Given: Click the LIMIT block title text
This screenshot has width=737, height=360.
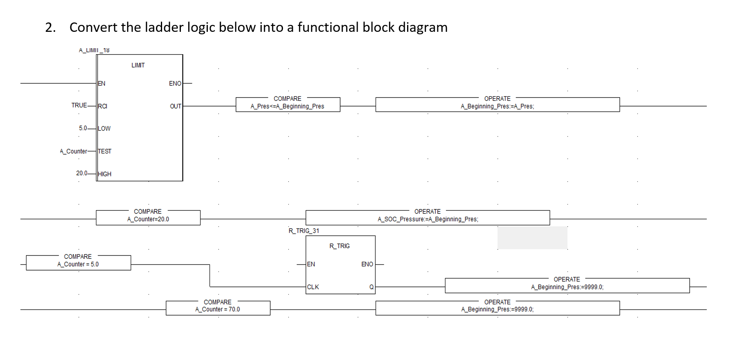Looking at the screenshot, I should (x=138, y=65).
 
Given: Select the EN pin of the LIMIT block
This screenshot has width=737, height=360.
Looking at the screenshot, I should (x=102, y=84).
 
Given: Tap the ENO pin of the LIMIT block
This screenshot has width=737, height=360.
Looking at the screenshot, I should (x=175, y=84).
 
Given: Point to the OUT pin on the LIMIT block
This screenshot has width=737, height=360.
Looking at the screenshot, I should (x=176, y=106).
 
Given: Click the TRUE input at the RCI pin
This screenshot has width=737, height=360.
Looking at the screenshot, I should (x=79, y=105).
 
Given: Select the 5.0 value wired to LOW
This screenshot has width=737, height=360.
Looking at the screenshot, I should (x=83, y=128).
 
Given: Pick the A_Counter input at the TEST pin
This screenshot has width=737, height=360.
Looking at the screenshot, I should (x=73, y=151).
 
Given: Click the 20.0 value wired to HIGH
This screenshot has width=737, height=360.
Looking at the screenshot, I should (x=82, y=173).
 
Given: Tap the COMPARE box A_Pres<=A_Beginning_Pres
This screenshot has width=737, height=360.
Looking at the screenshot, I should (x=287, y=104).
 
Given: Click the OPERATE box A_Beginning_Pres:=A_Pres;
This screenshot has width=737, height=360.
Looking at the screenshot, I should (x=497, y=104).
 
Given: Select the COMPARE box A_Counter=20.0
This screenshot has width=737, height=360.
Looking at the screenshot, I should (x=148, y=218).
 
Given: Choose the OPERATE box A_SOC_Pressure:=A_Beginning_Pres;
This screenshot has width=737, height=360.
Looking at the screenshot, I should (x=428, y=218).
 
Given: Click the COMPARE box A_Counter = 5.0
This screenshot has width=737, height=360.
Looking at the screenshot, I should (x=78, y=262).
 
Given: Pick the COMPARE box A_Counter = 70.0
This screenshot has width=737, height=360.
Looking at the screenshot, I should (x=218, y=308).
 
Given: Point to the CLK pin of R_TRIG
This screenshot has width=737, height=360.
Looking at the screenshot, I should (x=313, y=287).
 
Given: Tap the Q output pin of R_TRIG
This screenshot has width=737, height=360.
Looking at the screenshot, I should (x=371, y=287).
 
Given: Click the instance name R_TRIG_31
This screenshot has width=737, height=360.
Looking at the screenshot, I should (x=304, y=231).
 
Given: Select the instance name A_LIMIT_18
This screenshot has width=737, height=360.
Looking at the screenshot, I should (x=94, y=50).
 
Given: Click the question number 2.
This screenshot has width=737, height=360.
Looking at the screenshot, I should (x=50, y=27).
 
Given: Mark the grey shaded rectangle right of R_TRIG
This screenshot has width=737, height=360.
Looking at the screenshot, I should (x=532, y=238).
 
